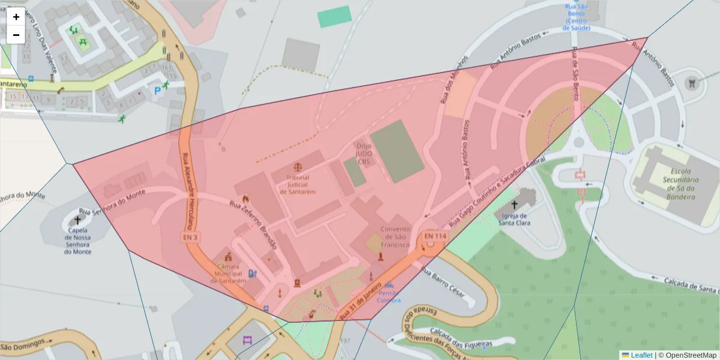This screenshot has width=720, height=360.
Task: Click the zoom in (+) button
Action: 16,17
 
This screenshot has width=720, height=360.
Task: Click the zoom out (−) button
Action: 16,35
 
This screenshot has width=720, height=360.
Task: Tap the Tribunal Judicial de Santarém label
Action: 298,184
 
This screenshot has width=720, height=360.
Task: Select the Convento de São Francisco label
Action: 395,237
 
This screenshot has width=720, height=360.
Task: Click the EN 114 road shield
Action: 436,236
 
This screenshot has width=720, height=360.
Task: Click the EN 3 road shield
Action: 190,238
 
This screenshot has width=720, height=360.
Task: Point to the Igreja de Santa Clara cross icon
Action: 514,205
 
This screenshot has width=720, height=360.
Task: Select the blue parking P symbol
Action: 158,91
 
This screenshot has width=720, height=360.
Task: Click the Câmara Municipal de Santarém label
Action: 228,273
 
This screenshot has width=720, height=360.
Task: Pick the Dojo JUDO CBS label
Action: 364,154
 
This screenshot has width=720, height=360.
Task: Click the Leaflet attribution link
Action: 641,355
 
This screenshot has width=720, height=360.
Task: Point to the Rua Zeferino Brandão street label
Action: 253,224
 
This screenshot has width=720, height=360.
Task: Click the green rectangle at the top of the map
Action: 334,16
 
